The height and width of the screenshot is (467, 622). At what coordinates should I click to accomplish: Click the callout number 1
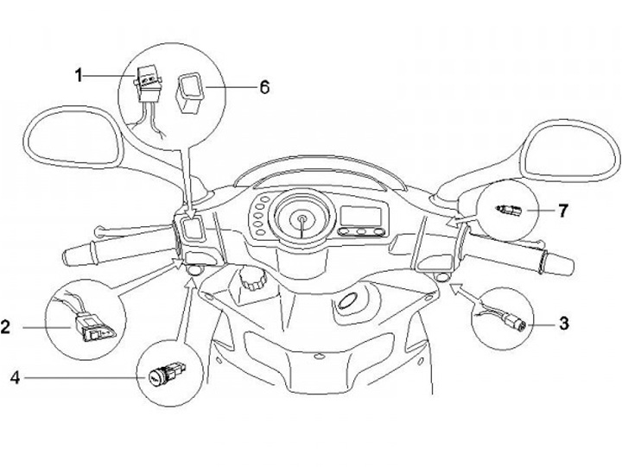(79, 75)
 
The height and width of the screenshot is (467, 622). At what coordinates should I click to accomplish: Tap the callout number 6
(264, 87)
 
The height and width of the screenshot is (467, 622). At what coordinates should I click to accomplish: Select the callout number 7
(563, 211)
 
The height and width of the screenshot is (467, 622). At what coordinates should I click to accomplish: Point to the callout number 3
(563, 324)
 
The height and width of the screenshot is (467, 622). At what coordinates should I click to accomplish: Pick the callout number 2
(5, 327)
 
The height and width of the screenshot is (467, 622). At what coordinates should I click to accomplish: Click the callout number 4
(15, 377)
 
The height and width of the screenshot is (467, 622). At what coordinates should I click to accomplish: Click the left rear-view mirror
(73, 136)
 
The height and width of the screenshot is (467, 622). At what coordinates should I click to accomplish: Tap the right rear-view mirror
(570, 151)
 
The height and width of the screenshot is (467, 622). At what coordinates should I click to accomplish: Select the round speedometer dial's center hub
(302, 219)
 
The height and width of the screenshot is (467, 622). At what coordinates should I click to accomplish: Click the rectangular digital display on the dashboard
(361, 216)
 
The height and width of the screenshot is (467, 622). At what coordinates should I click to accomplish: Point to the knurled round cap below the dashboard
(251, 279)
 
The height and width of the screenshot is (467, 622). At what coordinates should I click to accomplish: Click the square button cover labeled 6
(189, 93)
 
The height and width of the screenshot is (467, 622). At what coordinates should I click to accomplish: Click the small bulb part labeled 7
(509, 209)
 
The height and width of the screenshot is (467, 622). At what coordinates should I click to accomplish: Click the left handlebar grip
(119, 253)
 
